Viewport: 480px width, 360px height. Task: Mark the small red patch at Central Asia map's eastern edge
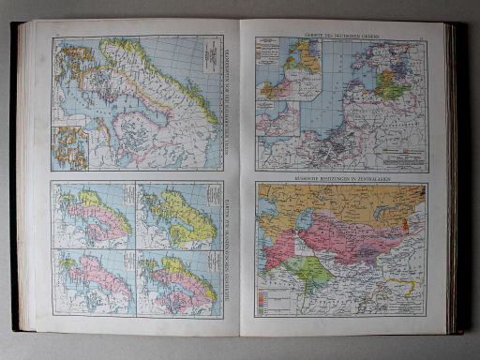pyautogui.click(x=405, y=225)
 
